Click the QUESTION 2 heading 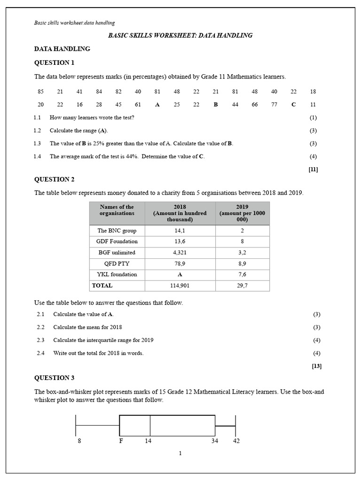pyautogui.click(x=54, y=179)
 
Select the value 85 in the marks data pyautogui.click(x=40, y=92)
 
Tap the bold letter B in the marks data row pyautogui.click(x=216, y=104)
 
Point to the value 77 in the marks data pyautogui.click(x=274, y=104)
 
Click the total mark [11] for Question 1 pyautogui.click(x=313, y=170)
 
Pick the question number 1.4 pyautogui.click(x=38, y=156)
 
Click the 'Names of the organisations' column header pyautogui.click(x=117, y=210)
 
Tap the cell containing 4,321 pyautogui.click(x=180, y=252)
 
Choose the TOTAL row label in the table pyautogui.click(x=102, y=285)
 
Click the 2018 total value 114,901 pyautogui.click(x=180, y=285)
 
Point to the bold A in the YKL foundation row pyautogui.click(x=180, y=274)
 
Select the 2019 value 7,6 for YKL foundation pyautogui.click(x=243, y=274)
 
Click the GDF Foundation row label pyautogui.click(x=117, y=241)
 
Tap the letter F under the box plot pyautogui.click(x=121, y=441)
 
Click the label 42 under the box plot pyautogui.click(x=236, y=441)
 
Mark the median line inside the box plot pyautogui.click(x=150, y=426)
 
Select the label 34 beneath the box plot pyautogui.click(x=215, y=441)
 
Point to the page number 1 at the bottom pyautogui.click(x=180, y=453)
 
